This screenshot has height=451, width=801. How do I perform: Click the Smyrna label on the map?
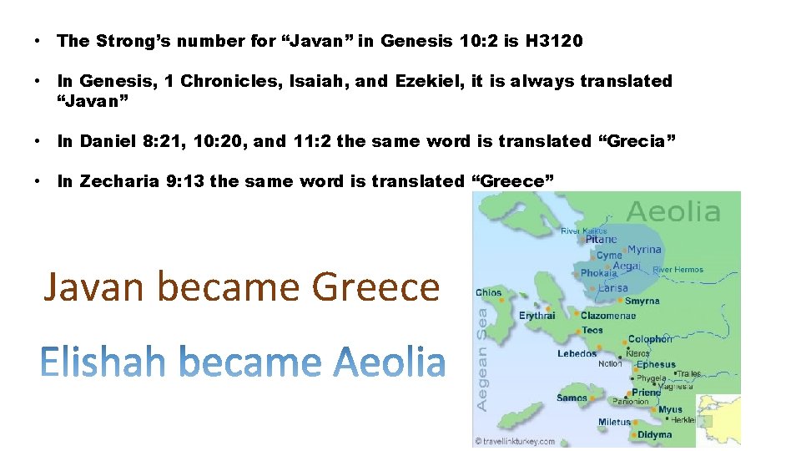pyautogui.click(x=642, y=301)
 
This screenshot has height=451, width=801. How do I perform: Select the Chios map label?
pyautogui.click(x=489, y=292)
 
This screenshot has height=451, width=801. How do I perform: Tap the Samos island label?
pyautogui.click(x=572, y=398)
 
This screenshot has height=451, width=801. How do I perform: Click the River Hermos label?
pyautogui.click(x=678, y=270)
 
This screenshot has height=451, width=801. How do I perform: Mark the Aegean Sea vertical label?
pyautogui.click(x=482, y=359)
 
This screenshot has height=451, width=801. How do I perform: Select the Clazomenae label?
pyautogui.click(x=608, y=316)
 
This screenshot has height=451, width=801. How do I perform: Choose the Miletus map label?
pyautogui.click(x=614, y=422)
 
